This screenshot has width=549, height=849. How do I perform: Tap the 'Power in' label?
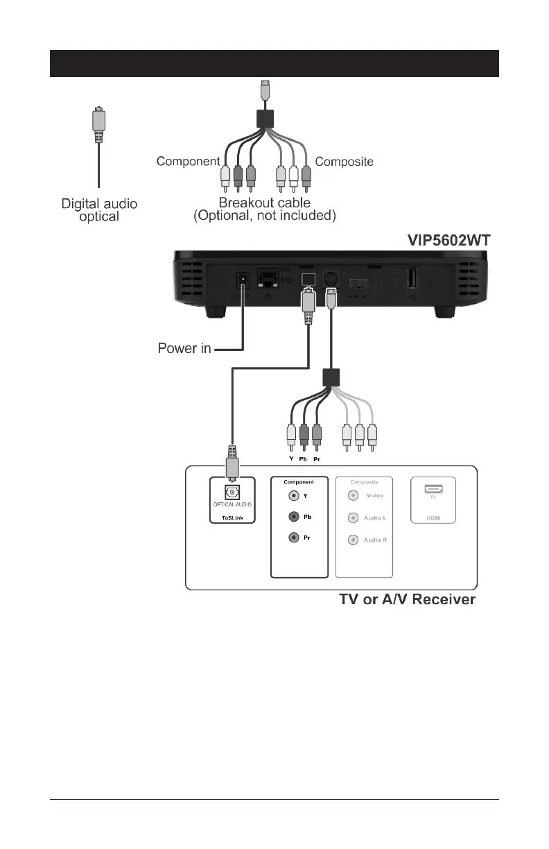(x=185, y=348)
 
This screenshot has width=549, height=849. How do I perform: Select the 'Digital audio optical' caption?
(x=99, y=210)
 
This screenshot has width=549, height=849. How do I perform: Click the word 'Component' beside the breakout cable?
(x=188, y=162)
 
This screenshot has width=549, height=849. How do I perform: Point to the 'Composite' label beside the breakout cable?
(x=345, y=162)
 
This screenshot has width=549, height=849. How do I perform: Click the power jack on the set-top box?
(x=243, y=280)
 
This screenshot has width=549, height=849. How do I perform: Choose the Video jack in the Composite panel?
(x=354, y=496)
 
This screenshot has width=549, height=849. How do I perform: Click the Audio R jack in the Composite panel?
(x=354, y=540)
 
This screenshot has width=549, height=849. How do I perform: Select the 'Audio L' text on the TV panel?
(x=375, y=518)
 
